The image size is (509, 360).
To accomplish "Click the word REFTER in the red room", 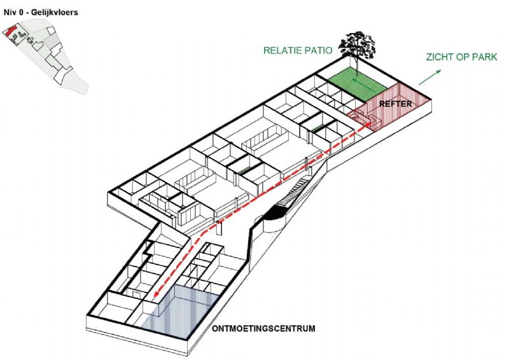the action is pyautogui.click(x=395, y=104).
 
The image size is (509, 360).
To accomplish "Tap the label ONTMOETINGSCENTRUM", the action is pyautogui.click(x=263, y=328).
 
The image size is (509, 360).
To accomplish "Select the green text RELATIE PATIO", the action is pyautogui.click(x=298, y=50).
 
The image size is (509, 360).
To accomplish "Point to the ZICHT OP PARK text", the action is pyautogui.click(x=462, y=57).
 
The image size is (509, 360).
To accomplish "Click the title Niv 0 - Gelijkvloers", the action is pyautogui.click(x=41, y=13).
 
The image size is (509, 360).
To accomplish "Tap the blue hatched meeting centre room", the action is pyautogui.click(x=180, y=312).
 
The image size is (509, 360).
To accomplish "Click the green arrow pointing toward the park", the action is pyautogui.click(x=430, y=77).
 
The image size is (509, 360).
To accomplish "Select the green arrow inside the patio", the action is pyautogui.click(x=363, y=83).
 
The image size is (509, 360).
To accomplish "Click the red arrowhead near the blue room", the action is pyautogui.click(x=157, y=294).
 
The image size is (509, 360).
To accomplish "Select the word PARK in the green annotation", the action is pyautogui.click(x=485, y=57).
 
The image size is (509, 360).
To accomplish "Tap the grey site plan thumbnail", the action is pyautogui.click(x=45, y=56).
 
